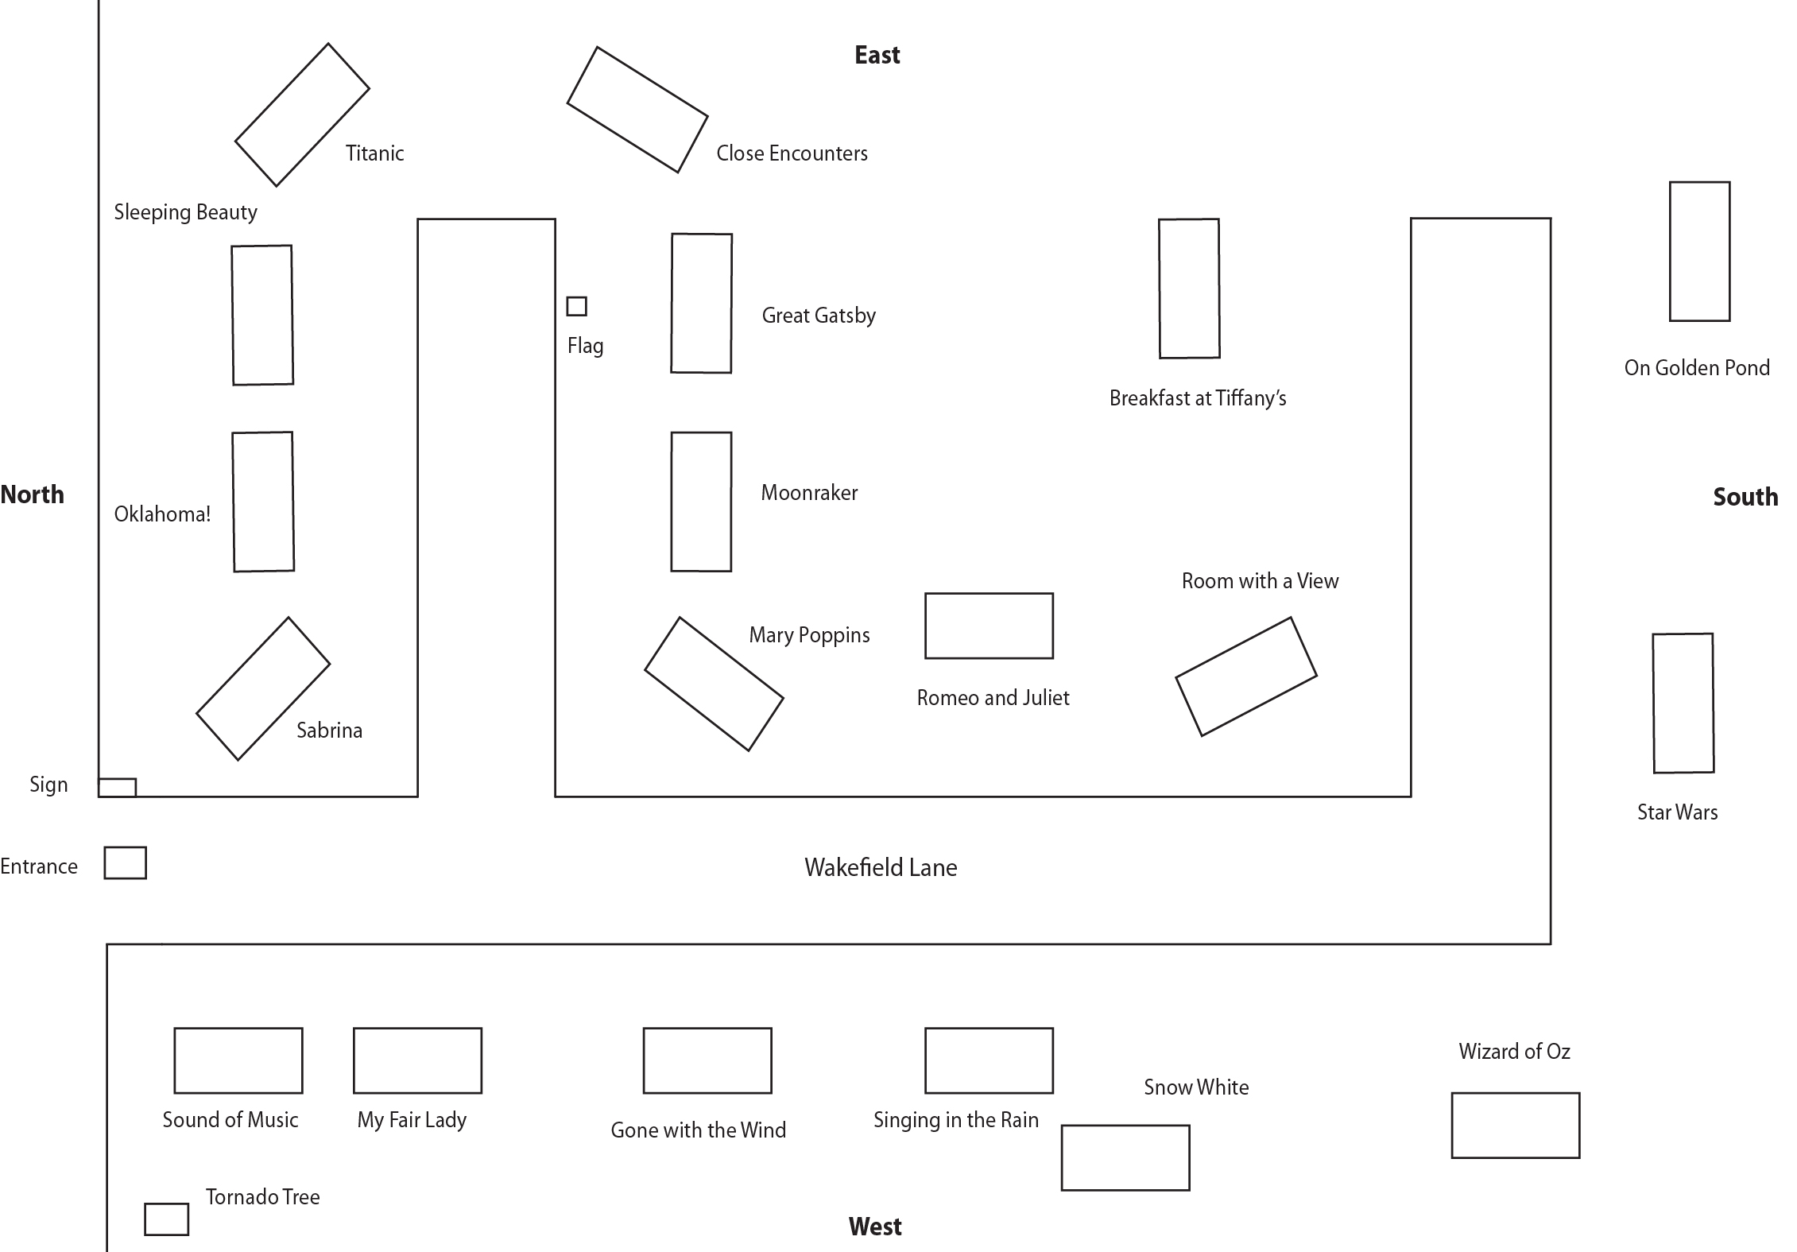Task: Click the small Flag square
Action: point(576,306)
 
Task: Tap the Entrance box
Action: point(125,862)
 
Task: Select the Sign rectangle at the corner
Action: point(117,787)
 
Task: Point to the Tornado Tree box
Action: point(166,1219)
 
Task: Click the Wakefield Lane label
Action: point(881,867)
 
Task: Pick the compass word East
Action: point(877,55)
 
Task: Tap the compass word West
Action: point(874,1227)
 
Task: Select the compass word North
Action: point(32,494)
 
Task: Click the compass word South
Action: point(1745,497)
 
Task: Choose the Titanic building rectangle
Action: point(302,114)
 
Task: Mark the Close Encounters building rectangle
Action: point(637,110)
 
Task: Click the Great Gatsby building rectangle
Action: point(701,303)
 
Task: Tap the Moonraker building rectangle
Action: point(701,502)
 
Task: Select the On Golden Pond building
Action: point(1699,251)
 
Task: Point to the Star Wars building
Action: point(1683,703)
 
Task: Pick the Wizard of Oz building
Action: point(1515,1125)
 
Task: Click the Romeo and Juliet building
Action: point(989,626)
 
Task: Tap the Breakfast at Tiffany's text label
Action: point(1197,398)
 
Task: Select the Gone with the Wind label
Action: point(698,1130)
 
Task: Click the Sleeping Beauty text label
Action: point(185,212)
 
